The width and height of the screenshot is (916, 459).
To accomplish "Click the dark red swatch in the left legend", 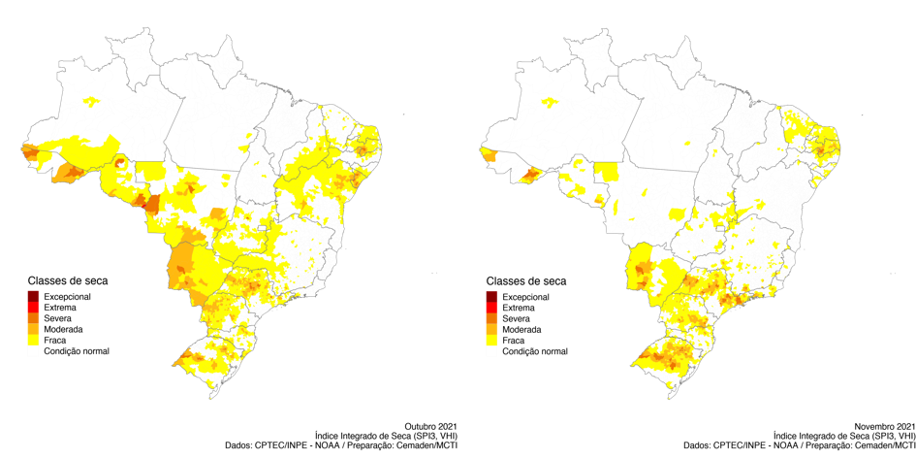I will tap(33, 296).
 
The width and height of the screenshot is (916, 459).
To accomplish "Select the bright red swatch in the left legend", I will tap(33, 307).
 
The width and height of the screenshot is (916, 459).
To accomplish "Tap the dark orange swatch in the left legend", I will tap(33, 318).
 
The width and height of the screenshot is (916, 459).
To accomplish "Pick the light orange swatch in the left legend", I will tap(33, 329).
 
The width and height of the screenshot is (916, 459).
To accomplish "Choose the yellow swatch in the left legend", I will tap(33, 341).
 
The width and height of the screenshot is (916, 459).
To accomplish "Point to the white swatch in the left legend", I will tap(33, 351).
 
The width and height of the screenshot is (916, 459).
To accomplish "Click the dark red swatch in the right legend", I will tap(491, 296).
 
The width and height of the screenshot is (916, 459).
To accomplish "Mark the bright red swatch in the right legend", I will tap(491, 307).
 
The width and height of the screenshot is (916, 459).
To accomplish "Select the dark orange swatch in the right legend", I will tap(491, 318).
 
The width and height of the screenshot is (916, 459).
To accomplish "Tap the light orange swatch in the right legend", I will tap(491, 329).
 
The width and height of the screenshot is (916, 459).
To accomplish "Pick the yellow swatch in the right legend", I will tap(491, 341).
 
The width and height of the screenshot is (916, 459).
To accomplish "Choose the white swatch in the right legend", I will tap(491, 351).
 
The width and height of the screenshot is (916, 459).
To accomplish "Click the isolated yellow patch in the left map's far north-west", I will tap(92, 101).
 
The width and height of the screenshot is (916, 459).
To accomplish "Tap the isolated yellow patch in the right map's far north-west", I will tap(550, 101).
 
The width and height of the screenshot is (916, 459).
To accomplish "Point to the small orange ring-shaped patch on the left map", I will tap(120, 163).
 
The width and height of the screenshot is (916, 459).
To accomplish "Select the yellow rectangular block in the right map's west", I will tap(607, 172).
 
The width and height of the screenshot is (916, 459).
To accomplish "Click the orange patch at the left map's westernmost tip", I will tap(28, 152).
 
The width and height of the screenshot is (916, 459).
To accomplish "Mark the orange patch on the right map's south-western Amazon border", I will tap(529, 176).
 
